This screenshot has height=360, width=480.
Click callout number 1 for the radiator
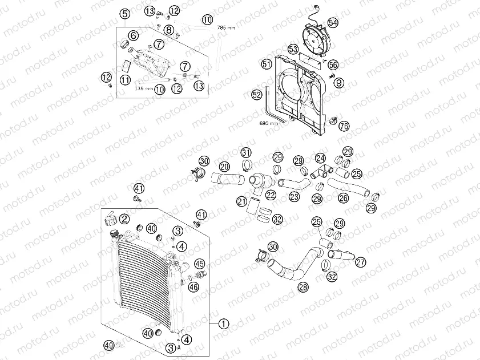click(x=224, y=323)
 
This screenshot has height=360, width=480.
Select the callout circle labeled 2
click(x=124, y=218)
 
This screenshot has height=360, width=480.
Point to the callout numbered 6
click(x=133, y=35)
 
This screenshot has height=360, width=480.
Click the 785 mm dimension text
click(x=226, y=27)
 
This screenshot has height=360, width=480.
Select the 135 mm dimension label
click(x=144, y=89)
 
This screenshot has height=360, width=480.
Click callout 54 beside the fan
click(x=333, y=23)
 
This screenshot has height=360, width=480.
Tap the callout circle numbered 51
click(x=267, y=64)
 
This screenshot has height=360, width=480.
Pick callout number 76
click(x=344, y=126)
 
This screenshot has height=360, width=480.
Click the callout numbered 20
click(x=224, y=166)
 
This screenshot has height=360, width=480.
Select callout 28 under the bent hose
click(x=302, y=288)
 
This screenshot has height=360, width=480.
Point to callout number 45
click(x=199, y=264)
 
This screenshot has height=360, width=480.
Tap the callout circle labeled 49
click(x=109, y=345)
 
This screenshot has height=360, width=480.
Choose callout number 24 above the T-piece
click(x=320, y=157)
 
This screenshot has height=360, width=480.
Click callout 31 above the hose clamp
click(x=246, y=152)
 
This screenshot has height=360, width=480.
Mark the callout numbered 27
click(x=360, y=262)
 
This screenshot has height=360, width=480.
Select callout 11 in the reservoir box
click(x=125, y=80)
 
